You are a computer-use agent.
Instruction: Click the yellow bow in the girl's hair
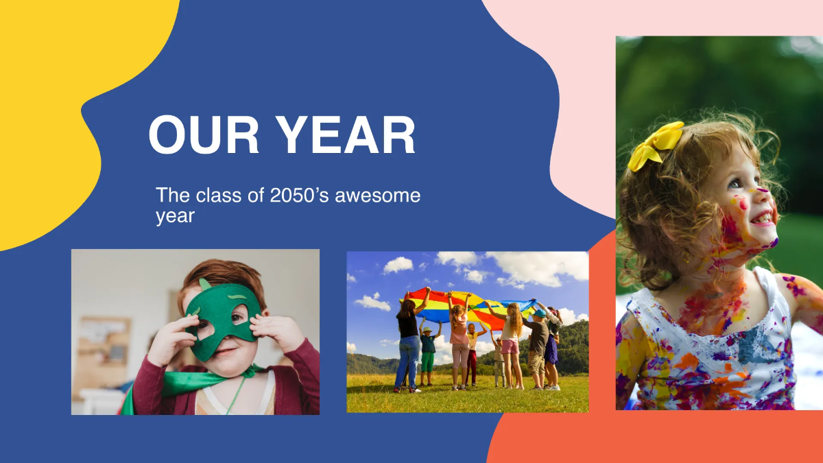point(656,145)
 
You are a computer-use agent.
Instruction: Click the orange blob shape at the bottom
point(549,439)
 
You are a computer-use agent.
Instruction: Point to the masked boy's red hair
point(219,274)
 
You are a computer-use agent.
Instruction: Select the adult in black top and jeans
point(407,343)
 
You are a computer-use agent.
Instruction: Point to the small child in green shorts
point(428,353)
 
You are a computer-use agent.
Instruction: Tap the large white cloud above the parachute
point(528,268)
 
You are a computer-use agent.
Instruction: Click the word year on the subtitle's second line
point(175,216)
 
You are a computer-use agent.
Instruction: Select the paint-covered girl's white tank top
point(706,357)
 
